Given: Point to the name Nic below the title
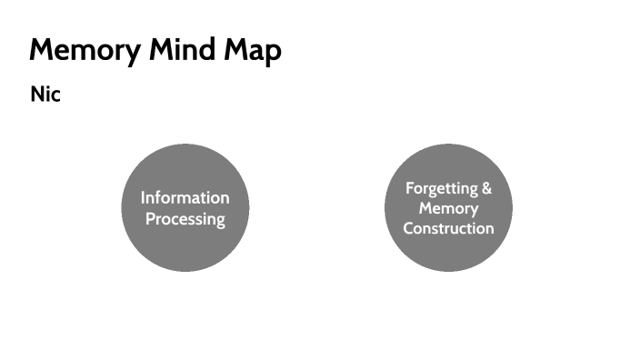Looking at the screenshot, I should click(x=45, y=95).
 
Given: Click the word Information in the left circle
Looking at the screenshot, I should click(x=185, y=197).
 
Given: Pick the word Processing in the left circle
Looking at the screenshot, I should click(x=185, y=219).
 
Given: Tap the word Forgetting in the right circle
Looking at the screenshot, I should click(x=441, y=189).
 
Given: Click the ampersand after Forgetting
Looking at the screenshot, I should click(x=486, y=189).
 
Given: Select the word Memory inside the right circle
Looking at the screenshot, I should click(x=448, y=208).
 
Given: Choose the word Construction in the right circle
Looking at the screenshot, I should click(x=448, y=228).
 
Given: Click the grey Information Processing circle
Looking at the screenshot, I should click(x=185, y=250).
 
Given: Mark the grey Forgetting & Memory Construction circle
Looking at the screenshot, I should click(x=448, y=255).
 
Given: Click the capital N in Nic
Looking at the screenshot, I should click(x=37, y=95).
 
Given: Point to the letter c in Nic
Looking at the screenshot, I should click(x=55, y=95).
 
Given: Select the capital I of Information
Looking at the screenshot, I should click(x=143, y=197).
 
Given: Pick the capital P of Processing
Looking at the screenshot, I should click(x=150, y=219).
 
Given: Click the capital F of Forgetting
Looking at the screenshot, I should click(x=409, y=189).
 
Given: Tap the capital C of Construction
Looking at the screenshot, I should click(x=408, y=228).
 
